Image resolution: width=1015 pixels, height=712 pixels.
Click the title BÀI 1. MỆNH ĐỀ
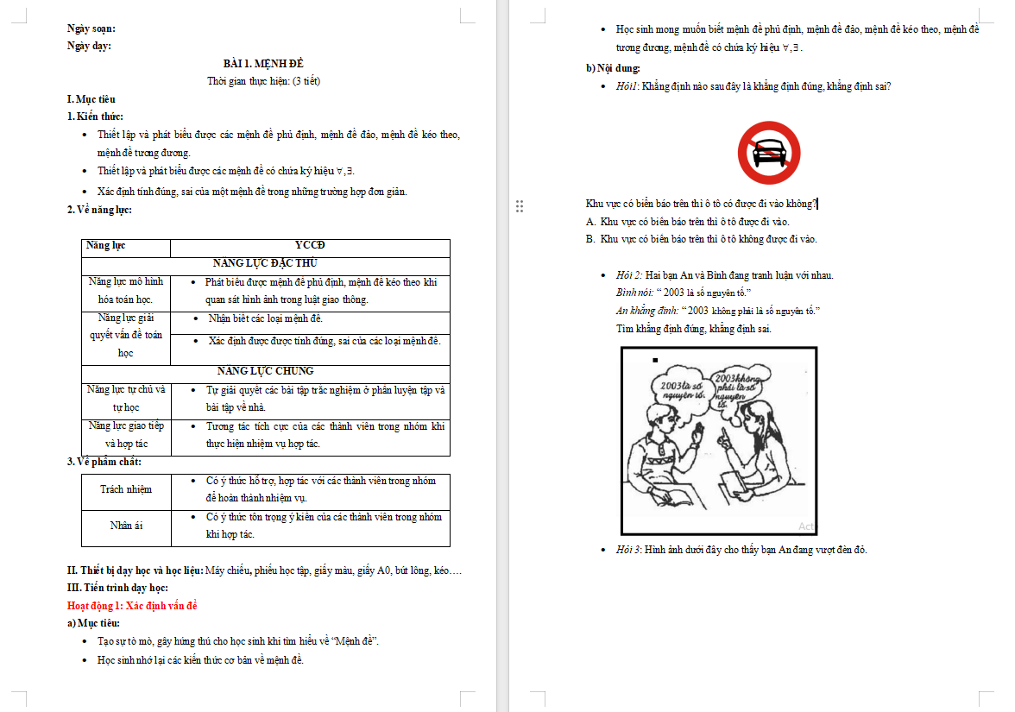[263, 64]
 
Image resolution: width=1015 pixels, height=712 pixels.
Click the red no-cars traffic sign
[768, 153]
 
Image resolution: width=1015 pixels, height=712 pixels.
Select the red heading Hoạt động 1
[132, 606]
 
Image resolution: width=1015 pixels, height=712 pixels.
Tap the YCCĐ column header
[310, 246]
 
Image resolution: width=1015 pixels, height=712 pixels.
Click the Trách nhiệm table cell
[126, 489]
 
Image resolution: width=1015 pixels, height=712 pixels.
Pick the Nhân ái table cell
[126, 526]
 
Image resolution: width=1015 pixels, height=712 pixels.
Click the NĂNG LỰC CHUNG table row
[265, 371]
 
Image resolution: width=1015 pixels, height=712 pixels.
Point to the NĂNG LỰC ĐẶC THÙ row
[265, 264]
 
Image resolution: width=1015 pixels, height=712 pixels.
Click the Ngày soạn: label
[91, 28]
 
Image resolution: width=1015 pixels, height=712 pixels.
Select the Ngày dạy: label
[89, 46]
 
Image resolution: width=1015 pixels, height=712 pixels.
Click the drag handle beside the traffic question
[520, 205]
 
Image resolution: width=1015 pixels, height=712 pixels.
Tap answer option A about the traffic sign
[687, 222]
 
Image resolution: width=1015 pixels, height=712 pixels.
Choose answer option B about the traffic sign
[701, 239]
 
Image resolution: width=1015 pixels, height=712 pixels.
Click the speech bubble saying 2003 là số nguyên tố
[678, 388]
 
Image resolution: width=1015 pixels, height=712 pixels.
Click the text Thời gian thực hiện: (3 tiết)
[263, 81]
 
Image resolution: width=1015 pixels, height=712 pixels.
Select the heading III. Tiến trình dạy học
[123, 588]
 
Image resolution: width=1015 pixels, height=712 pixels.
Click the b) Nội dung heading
[613, 68]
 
